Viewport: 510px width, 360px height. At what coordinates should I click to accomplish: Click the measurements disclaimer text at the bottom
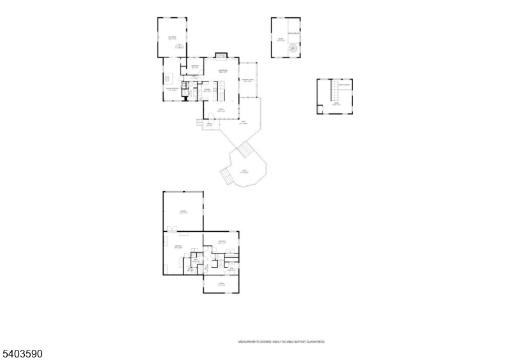(x=282, y=342)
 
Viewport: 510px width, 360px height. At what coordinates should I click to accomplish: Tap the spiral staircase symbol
(x=293, y=48)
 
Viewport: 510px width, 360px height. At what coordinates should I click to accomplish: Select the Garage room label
(x=182, y=212)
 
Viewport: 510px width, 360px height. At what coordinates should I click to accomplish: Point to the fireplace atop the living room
(x=221, y=55)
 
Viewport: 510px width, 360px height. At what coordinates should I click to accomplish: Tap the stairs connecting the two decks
(x=245, y=152)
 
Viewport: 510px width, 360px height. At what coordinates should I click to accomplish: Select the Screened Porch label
(x=247, y=80)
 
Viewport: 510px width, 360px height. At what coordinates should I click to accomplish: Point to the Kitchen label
(x=207, y=90)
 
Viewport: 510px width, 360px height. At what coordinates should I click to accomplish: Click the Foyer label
(x=221, y=110)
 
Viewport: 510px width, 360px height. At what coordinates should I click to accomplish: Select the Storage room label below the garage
(x=179, y=246)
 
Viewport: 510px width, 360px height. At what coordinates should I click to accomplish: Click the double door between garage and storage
(x=172, y=228)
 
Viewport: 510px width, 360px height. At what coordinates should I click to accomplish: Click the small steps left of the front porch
(x=197, y=122)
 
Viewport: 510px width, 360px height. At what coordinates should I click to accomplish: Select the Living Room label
(x=222, y=71)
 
